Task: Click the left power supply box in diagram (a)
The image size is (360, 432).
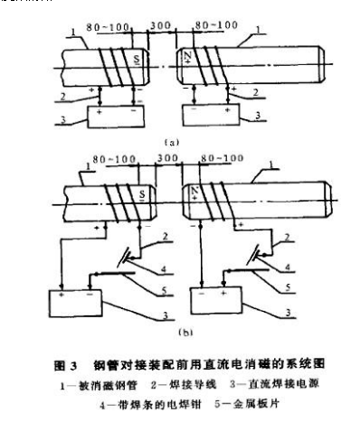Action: point(106,112)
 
